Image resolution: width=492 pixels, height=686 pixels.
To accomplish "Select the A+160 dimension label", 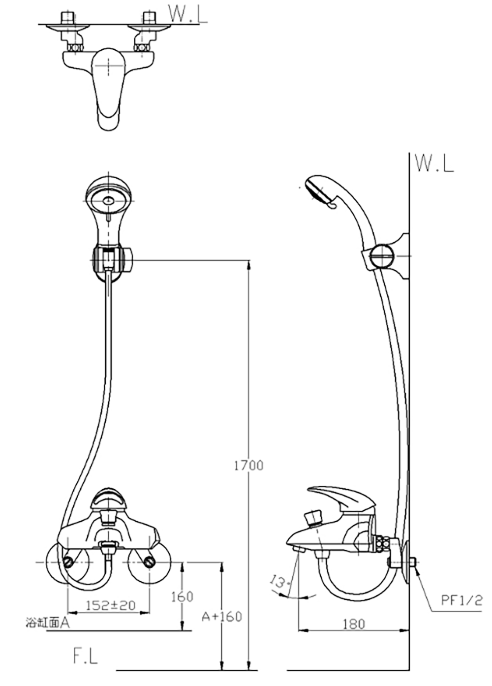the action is (x=222, y=617).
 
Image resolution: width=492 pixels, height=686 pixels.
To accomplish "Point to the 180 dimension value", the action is (x=353, y=624).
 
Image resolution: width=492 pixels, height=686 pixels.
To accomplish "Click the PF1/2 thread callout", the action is (x=461, y=600).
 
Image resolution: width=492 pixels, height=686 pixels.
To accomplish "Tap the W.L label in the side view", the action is (x=434, y=164).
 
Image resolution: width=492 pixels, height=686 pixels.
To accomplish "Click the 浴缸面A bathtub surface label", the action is (x=48, y=623).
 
